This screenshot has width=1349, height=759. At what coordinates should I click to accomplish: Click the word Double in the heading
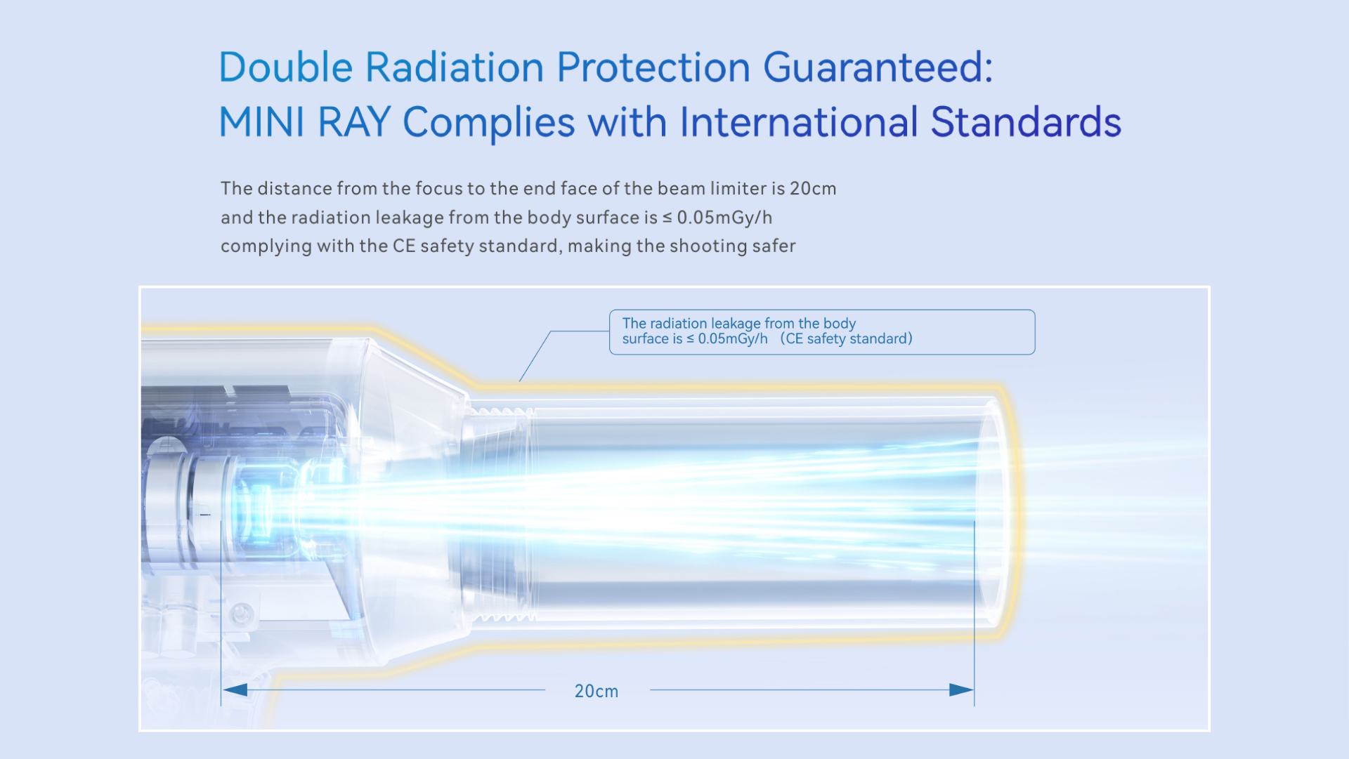286,67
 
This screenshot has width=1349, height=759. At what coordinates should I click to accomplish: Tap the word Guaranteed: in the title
878,67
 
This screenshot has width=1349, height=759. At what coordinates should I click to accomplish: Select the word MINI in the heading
262,122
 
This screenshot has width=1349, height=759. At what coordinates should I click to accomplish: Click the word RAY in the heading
354,122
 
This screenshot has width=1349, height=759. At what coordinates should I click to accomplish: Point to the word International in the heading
799,122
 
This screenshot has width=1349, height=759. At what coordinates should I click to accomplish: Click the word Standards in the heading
1026,122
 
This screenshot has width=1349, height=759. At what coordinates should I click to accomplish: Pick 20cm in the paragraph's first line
813,188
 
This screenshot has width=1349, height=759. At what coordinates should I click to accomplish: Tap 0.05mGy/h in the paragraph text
724,218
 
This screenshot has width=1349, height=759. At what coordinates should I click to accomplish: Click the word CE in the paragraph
404,246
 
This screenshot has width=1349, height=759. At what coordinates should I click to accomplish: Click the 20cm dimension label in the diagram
597,691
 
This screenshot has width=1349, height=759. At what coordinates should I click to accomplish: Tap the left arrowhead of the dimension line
235,690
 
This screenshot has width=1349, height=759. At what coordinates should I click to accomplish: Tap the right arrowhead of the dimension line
961,690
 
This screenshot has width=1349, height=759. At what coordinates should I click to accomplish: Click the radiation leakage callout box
822,332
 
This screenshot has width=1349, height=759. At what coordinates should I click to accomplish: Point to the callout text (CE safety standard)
847,339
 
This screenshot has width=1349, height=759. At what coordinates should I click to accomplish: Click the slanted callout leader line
535,356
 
